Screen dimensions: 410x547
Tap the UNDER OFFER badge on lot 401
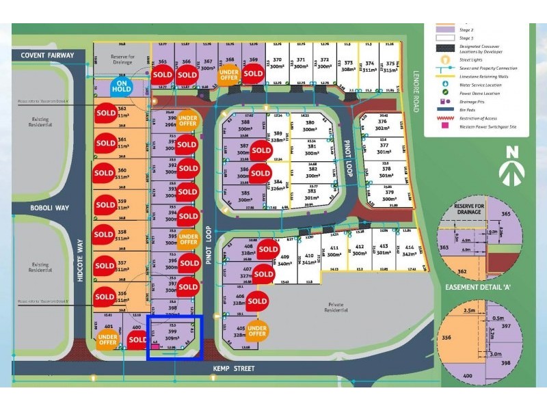(x=107, y=340)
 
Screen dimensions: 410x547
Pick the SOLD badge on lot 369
(x=253, y=73)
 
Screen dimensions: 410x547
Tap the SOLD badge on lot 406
(x=257, y=301)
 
